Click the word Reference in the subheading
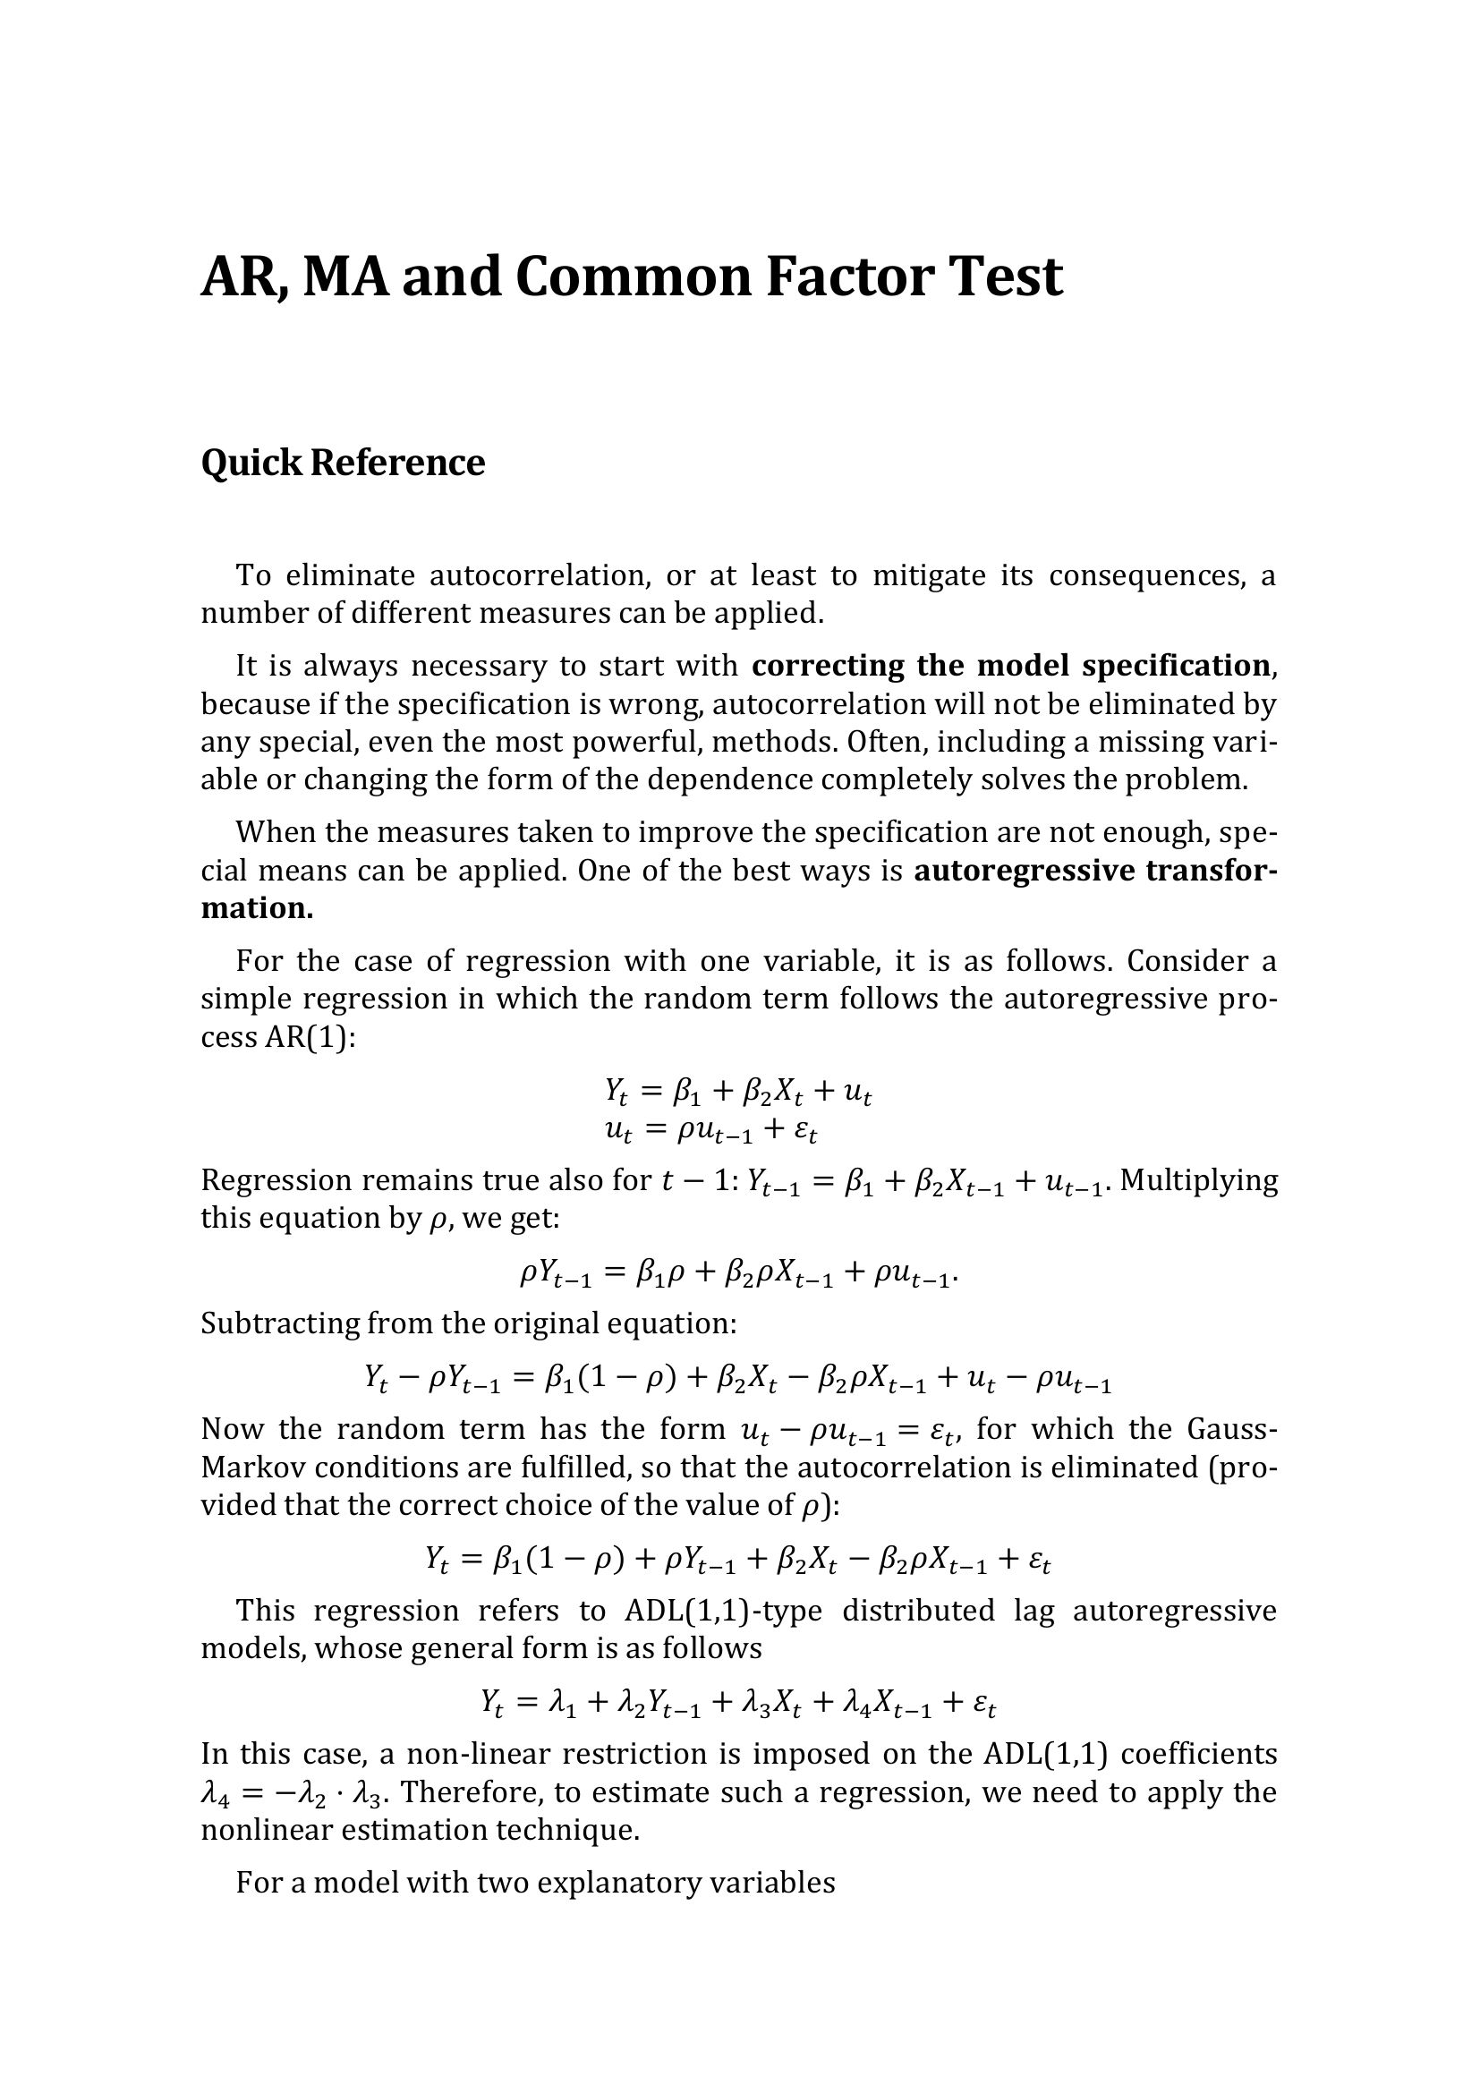[x=397, y=464]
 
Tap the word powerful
[x=637, y=742]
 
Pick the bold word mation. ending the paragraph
[x=257, y=909]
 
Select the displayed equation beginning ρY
[x=739, y=1273]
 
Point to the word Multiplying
[x=1198, y=1180]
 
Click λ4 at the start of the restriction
[x=216, y=1793]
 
